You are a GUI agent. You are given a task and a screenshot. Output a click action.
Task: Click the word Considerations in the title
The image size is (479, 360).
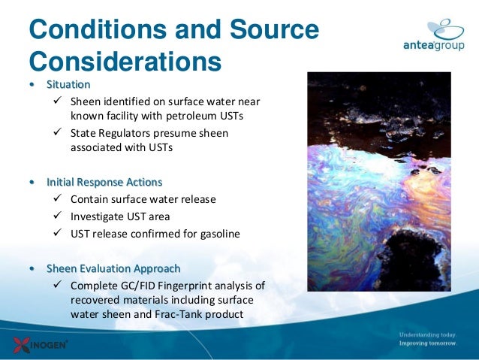[x=125, y=60]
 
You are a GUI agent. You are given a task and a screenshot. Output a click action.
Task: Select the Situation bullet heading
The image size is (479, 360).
[x=68, y=84]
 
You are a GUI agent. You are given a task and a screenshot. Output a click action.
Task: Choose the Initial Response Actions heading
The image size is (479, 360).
[x=104, y=183]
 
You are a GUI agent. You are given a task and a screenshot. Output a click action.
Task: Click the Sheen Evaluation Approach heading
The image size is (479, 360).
[x=113, y=268]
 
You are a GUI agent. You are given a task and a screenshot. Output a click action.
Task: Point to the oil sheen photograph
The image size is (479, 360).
[x=378, y=181]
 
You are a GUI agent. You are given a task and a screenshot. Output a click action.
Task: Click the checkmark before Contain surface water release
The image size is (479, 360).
[x=60, y=199]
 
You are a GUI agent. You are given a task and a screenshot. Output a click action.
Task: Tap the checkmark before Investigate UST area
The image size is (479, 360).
[x=60, y=216]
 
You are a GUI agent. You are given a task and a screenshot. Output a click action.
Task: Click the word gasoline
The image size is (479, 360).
[x=217, y=234]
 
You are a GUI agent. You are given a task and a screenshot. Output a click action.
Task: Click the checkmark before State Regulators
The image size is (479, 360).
[x=60, y=133]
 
